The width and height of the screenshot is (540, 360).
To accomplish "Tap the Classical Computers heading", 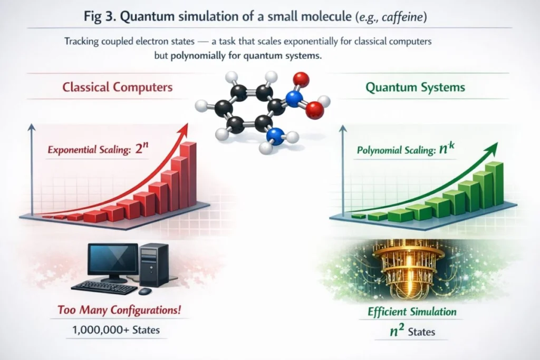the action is (x=118, y=87).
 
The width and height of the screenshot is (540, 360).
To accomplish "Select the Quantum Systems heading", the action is (x=415, y=87).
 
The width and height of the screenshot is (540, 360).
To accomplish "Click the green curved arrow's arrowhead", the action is (x=492, y=149).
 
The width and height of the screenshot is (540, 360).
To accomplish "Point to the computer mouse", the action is (x=145, y=291).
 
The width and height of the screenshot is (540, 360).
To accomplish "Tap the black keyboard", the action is (x=105, y=287).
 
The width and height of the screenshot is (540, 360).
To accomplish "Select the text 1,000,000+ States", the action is (x=116, y=330).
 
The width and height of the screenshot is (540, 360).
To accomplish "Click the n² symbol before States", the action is (x=397, y=330).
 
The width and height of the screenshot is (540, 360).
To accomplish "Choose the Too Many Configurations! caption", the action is (x=119, y=310).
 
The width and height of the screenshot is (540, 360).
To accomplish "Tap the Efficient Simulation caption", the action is (x=412, y=312).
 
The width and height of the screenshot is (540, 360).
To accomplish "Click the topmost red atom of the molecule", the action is (x=301, y=80).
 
